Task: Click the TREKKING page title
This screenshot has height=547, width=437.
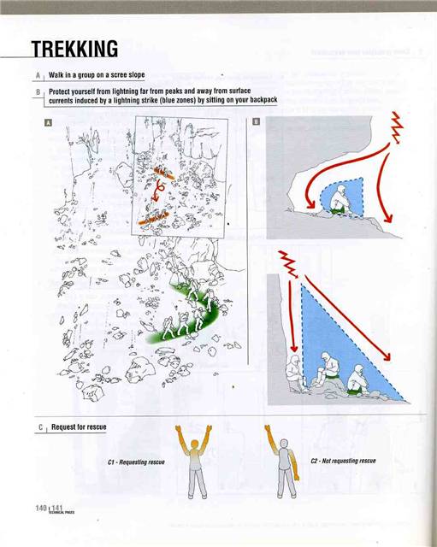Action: (74, 48)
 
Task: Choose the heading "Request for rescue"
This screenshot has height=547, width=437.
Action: (79, 427)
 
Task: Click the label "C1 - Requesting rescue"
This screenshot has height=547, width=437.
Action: (136, 462)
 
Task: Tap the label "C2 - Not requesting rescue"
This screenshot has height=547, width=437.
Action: (343, 461)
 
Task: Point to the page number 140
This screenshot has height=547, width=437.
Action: (40, 509)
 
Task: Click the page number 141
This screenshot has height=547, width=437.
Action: (57, 509)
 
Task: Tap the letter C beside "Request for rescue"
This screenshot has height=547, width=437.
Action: (40, 427)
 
